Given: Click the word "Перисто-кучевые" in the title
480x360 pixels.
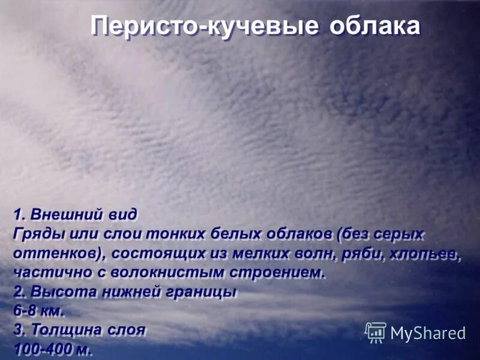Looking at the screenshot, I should click(204, 28).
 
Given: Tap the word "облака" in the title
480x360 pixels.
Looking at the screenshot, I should click(374, 28).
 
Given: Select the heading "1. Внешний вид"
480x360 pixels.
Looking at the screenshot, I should click(75, 214).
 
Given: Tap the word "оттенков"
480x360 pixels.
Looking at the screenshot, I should click(58, 253).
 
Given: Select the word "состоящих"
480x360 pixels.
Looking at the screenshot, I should click(158, 253).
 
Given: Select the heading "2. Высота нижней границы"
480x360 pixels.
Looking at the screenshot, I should click(125, 292).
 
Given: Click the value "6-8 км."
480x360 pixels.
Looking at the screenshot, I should click(38, 311).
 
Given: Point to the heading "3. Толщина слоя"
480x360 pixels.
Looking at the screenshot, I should click(79, 331).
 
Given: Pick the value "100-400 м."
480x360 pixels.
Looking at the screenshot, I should click(53, 350).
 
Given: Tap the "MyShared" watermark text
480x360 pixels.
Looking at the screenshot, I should click(428, 334).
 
